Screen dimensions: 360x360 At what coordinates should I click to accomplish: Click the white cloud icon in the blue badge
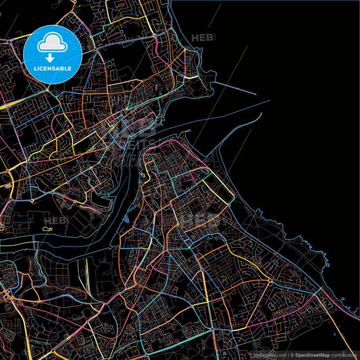pyautogui.click(x=52, y=44)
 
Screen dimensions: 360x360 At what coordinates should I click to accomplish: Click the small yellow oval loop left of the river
pyautogui.click(x=48, y=230)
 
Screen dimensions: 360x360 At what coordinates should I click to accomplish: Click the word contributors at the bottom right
pyautogui.click(x=344, y=355)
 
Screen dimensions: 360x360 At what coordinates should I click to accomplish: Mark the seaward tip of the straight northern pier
pyautogui.click(x=255, y=94)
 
